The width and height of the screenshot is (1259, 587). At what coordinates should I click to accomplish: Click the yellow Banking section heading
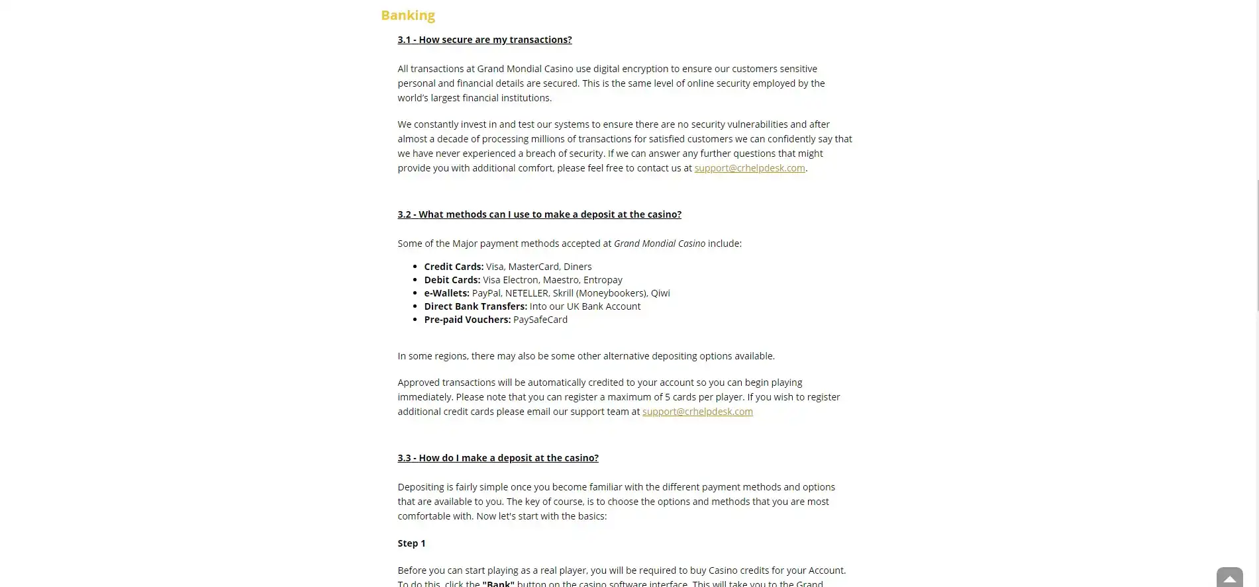click(408, 15)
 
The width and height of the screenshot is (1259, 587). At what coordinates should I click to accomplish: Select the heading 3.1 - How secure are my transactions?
click(485, 40)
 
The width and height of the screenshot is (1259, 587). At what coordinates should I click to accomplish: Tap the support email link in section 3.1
click(750, 168)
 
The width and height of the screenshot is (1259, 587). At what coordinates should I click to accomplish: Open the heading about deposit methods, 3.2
click(540, 214)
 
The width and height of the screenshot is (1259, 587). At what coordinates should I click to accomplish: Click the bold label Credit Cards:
click(454, 267)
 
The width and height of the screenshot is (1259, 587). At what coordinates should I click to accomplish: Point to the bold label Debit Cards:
click(452, 280)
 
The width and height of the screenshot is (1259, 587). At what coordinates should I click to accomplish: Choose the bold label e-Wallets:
click(446, 293)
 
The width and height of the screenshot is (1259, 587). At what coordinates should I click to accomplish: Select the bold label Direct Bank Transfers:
click(476, 306)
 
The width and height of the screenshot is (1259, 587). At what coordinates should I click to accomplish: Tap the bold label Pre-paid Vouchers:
click(468, 320)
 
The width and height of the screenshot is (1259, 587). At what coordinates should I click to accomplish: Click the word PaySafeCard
click(540, 320)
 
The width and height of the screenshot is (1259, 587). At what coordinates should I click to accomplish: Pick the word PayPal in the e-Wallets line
click(486, 293)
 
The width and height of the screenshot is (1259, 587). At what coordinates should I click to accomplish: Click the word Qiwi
click(660, 293)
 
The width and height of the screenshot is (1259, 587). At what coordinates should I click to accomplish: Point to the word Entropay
click(603, 280)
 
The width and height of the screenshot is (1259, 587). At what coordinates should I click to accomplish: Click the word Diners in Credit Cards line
click(578, 267)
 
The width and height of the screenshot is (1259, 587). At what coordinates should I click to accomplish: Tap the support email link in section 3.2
click(697, 412)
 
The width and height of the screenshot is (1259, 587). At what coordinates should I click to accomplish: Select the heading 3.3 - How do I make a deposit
click(498, 458)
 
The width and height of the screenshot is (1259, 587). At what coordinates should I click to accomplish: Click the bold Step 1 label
click(411, 543)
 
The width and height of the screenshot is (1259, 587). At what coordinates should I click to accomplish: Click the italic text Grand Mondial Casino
click(660, 244)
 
